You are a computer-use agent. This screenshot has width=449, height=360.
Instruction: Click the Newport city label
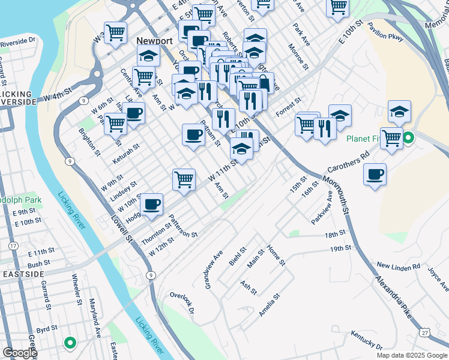click(x=154, y=41)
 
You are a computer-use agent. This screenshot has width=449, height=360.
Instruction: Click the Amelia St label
click(x=270, y=305)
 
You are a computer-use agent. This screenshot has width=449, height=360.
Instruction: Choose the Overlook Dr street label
click(x=182, y=302)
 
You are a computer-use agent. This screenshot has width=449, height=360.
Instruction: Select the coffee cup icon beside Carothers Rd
click(x=375, y=174)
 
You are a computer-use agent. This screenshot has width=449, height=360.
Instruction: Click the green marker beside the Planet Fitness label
click(x=408, y=139)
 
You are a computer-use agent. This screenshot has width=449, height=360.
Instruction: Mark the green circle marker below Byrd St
click(x=70, y=343)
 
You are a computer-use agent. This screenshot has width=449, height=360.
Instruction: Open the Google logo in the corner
click(x=20, y=353)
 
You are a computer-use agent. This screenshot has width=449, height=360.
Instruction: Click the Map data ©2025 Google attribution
click(x=411, y=355)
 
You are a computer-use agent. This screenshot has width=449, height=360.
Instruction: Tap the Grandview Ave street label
click(x=214, y=269)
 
